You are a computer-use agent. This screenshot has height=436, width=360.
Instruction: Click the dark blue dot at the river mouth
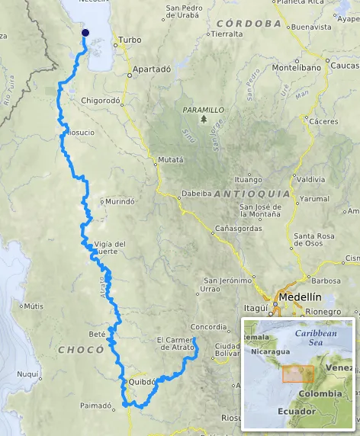coord(85,33)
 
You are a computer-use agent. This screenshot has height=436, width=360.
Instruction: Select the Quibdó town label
coord(142,383)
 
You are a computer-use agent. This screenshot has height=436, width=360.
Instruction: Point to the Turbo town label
coord(130,40)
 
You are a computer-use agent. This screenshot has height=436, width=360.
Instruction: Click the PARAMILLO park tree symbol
coord(204,120)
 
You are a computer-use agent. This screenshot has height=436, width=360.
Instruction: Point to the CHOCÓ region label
coord(80,350)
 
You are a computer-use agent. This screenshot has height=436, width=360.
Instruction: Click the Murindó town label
coord(121,202)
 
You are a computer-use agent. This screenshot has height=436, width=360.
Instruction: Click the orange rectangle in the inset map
coord(297,373)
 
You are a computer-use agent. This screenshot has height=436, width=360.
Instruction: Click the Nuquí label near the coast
coord(28,374)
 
